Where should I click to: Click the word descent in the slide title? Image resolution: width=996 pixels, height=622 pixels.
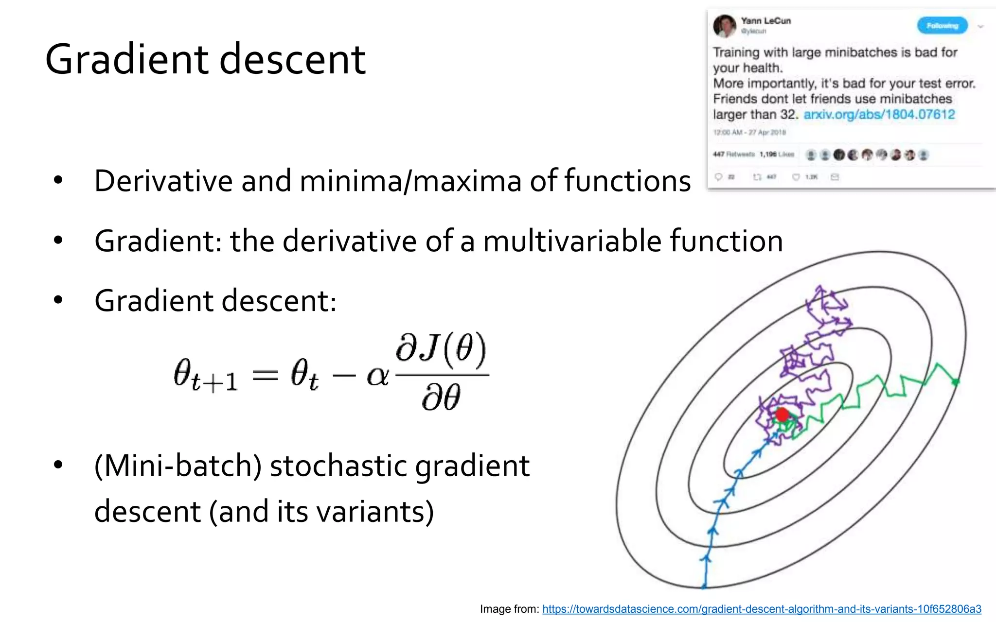tap(292, 60)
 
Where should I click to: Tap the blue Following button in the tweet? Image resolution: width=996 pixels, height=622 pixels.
tap(942, 26)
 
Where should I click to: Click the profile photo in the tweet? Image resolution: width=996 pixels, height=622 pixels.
tap(725, 26)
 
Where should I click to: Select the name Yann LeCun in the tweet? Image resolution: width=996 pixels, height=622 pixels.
tap(765, 21)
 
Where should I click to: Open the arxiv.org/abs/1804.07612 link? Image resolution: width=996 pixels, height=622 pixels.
tap(879, 115)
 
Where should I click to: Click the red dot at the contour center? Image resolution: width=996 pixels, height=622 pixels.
tap(782, 415)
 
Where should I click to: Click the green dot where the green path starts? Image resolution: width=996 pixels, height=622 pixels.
tap(955, 382)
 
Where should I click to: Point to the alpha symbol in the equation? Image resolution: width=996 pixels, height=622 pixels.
tap(377, 376)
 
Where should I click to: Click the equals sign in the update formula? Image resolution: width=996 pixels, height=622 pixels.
tap(265, 375)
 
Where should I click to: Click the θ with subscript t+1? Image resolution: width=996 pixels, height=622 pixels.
tap(204, 375)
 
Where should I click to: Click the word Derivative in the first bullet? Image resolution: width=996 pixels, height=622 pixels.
tap(163, 181)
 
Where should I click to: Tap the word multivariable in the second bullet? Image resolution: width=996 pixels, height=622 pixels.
tap(572, 241)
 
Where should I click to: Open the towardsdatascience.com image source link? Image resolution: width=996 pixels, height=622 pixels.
tap(762, 609)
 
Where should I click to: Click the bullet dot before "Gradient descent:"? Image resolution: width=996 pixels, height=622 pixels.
tap(58, 300)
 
